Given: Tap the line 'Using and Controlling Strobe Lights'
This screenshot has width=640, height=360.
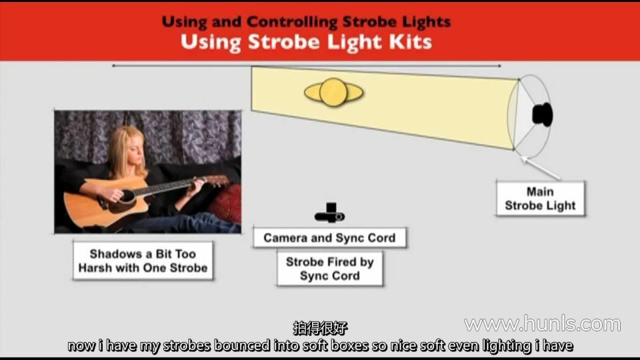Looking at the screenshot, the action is [x=306, y=21].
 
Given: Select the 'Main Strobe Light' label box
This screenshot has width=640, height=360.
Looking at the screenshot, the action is [x=541, y=199].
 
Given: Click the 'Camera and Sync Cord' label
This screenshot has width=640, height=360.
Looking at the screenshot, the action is [x=329, y=237].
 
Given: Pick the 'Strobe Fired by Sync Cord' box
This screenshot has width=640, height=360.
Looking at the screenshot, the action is [x=330, y=269].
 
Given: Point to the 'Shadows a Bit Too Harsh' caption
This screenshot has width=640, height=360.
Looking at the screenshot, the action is [x=143, y=261].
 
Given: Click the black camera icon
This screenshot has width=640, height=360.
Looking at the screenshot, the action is [x=330, y=213].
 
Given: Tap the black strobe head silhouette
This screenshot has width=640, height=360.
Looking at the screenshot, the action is [x=543, y=115].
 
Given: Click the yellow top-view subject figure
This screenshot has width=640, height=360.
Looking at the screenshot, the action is [x=333, y=93].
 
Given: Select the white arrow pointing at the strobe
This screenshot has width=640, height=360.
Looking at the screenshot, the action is [x=541, y=168].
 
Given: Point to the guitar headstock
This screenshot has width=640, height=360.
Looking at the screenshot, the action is [x=217, y=181].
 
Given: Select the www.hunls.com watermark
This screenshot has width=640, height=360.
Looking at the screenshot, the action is [x=543, y=324].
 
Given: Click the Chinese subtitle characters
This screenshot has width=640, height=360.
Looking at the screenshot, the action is [x=320, y=328].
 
